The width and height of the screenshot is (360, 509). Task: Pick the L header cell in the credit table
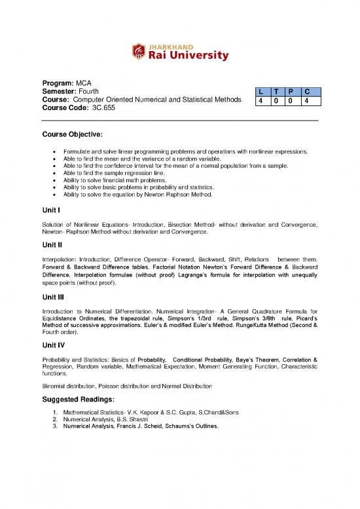point(261,95)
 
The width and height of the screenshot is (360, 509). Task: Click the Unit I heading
point(52,210)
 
